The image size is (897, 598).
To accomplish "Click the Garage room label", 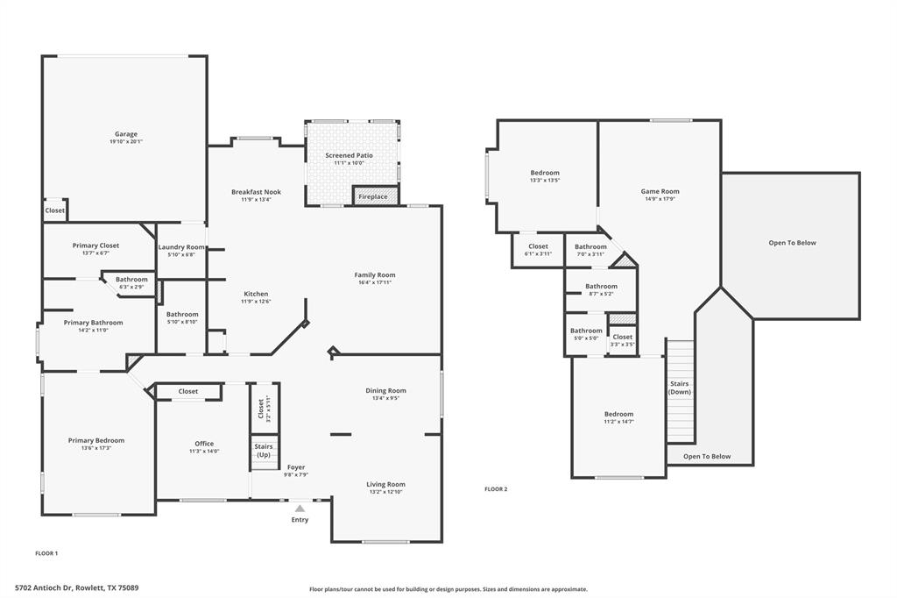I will (x=126, y=134).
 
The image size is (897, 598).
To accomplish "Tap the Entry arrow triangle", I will (x=300, y=509).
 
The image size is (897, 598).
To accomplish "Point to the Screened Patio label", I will (x=349, y=155).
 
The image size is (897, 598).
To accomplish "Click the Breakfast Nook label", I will (x=256, y=192).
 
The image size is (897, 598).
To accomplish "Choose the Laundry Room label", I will (x=182, y=247).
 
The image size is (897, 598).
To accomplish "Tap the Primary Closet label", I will (x=95, y=246).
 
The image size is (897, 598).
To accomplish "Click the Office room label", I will (x=204, y=444).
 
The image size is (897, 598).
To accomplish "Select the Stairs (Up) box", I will (x=264, y=451).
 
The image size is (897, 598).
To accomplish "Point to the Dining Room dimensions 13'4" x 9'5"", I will (x=385, y=398).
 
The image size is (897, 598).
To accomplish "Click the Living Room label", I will (x=385, y=484).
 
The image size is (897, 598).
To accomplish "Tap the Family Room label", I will (x=375, y=274).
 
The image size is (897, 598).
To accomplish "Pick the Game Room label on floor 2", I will (x=660, y=191).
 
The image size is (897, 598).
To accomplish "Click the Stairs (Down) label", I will (x=680, y=388).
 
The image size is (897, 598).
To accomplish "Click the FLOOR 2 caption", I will (x=496, y=489).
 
